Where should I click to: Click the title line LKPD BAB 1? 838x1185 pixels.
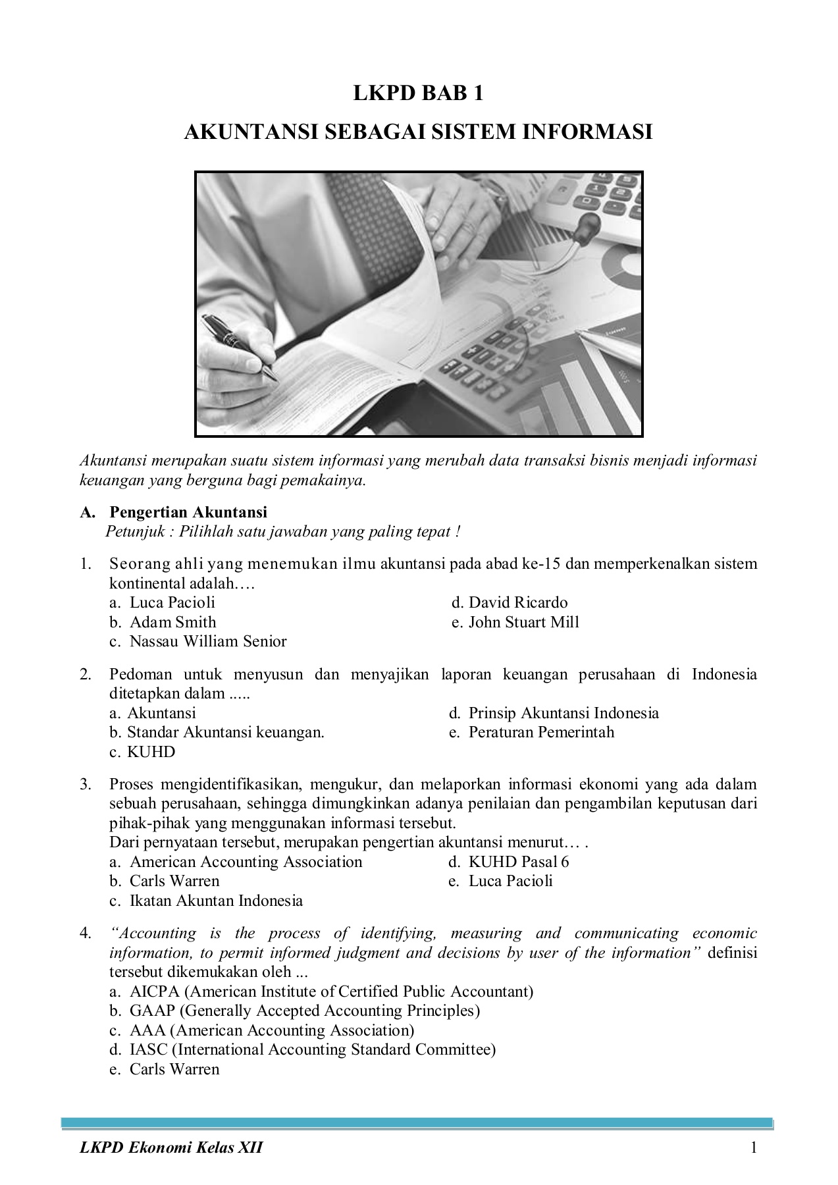point(418,93)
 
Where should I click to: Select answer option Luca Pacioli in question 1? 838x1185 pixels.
point(172,602)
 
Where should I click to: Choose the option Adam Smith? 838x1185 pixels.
point(172,622)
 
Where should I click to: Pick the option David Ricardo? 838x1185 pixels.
point(517,602)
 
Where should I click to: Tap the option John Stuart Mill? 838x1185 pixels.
point(523,622)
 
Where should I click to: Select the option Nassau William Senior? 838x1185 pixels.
point(207,641)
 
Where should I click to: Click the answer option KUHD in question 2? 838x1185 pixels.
point(151,752)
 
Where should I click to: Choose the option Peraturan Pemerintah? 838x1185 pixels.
point(540,732)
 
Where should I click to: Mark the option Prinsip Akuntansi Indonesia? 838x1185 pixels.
point(563,713)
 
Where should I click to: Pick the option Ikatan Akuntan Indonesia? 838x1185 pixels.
point(216,901)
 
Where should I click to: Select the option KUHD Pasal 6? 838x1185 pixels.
point(518,862)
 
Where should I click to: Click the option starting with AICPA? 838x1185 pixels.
point(331,991)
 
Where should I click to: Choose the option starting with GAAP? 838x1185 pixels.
point(304,1011)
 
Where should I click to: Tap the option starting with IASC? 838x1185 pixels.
point(312,1049)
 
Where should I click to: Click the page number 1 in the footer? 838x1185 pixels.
point(754,1148)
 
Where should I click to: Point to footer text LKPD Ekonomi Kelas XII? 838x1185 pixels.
point(171,1148)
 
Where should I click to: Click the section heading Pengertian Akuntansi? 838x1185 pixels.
point(188,512)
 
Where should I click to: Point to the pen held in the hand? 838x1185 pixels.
point(240,346)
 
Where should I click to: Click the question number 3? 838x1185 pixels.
point(86,784)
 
